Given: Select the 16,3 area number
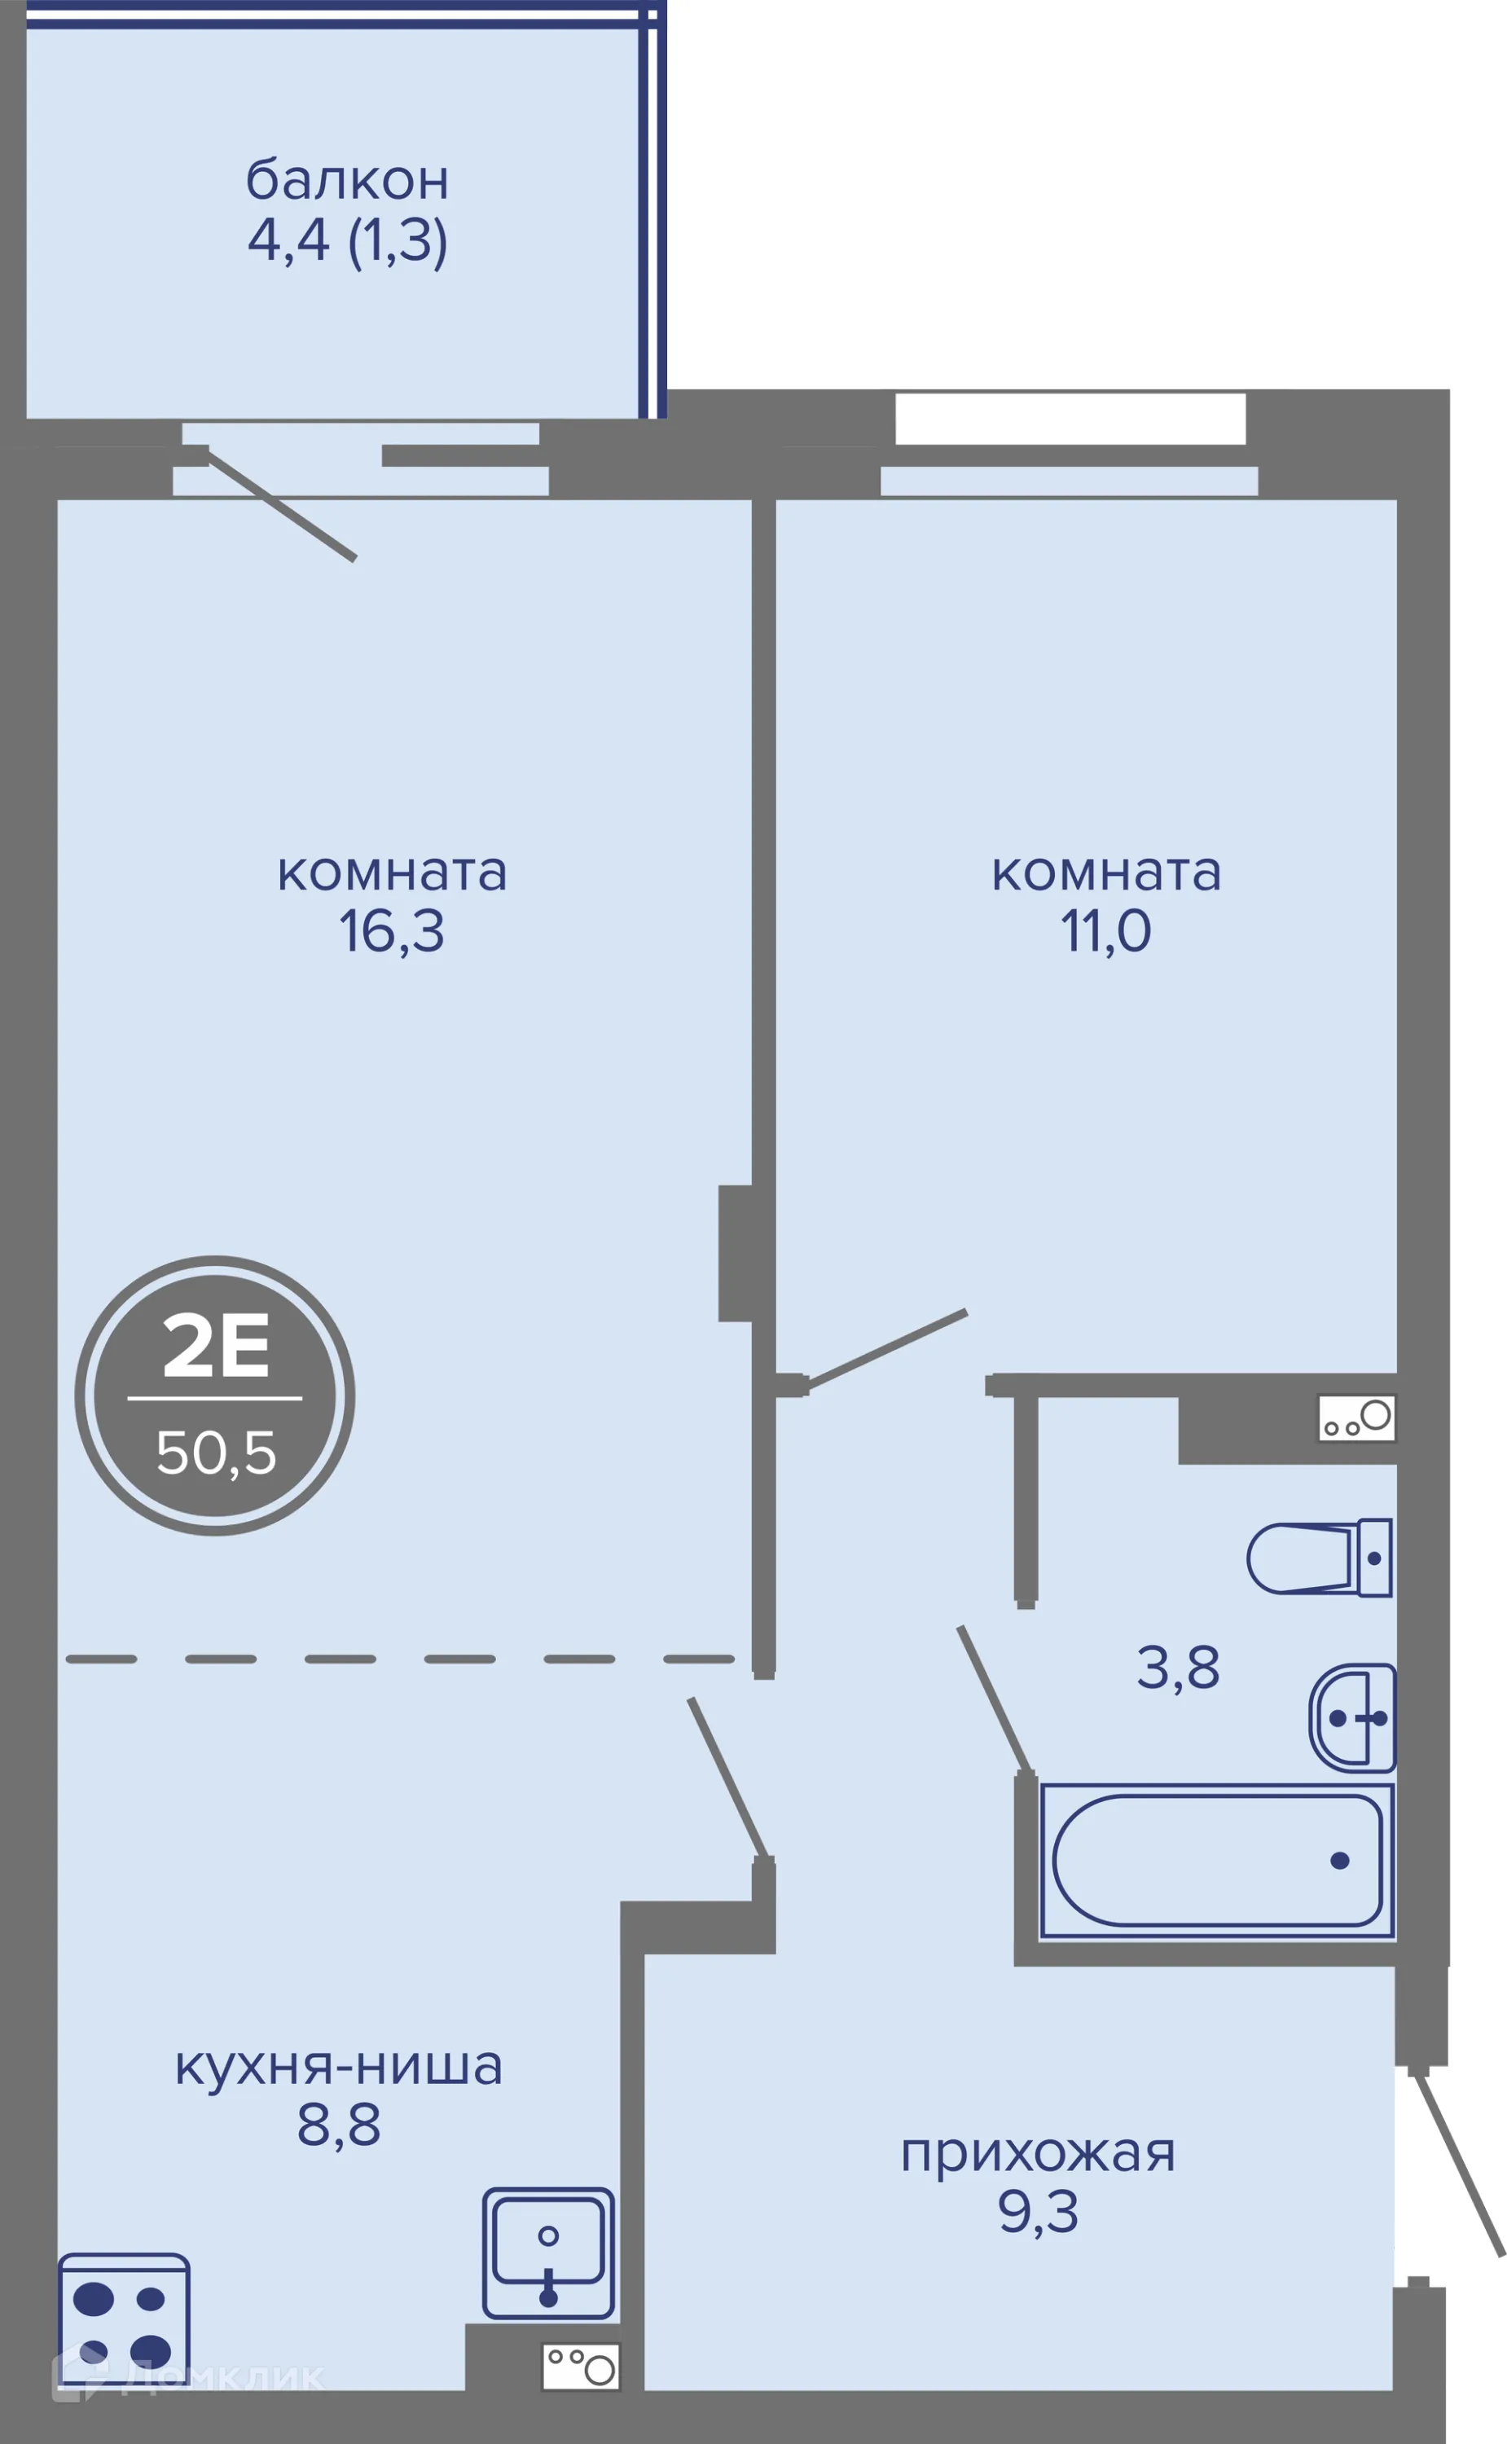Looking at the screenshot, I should coord(392,931).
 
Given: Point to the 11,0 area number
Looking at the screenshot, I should coord(1105,931).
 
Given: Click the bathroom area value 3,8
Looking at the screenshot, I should coord(1178,1668).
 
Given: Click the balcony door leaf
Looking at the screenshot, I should coord(281,508).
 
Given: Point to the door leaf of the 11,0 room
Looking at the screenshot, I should coord(887,1347).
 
